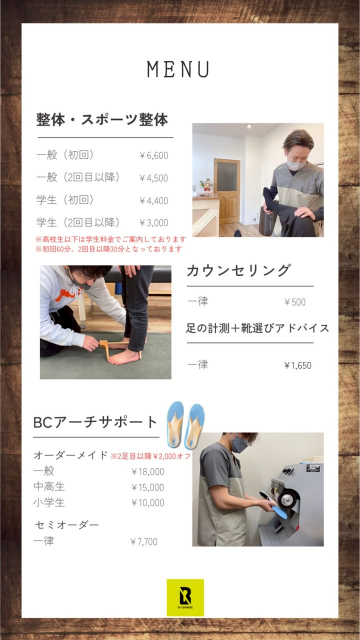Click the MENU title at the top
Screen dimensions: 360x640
point(178,69)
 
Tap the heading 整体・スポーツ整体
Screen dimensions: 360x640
point(101,119)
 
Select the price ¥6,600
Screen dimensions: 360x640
point(153,155)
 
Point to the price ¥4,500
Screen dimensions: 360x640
point(153,178)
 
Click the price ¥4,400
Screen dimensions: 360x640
point(153,200)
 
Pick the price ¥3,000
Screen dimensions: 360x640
point(153,223)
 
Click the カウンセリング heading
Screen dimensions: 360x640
point(238,270)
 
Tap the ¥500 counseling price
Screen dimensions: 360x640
point(295,302)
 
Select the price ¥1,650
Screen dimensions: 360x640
point(297,365)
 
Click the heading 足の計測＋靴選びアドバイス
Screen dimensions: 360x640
point(257,328)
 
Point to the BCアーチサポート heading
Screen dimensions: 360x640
point(95,422)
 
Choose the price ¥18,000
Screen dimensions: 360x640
point(147,471)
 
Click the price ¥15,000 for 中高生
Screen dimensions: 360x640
point(147,487)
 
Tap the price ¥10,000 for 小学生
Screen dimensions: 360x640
point(147,503)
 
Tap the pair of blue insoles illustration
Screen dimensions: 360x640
point(185,425)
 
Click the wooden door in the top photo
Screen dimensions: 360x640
point(227,191)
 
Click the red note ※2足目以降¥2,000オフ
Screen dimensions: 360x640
point(150,456)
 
